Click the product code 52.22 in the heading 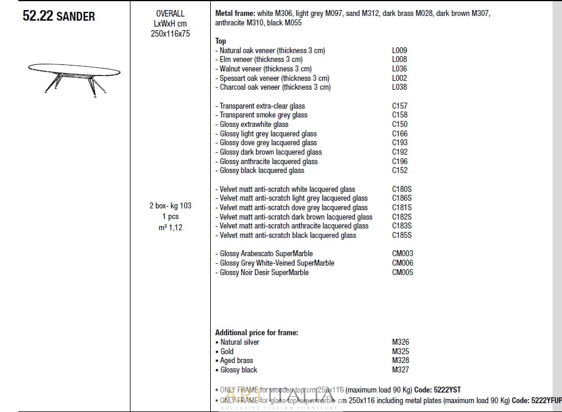[x=38, y=17]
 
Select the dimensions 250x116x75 [x=170, y=34]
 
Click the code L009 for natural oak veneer [x=399, y=51]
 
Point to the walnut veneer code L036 [x=399, y=69]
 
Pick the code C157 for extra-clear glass [x=400, y=106]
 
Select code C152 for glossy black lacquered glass [x=400, y=171]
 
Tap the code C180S [x=401, y=189]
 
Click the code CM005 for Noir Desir [x=403, y=273]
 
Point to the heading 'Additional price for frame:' [x=256, y=333]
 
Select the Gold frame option [x=227, y=352]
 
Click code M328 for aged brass [x=400, y=361]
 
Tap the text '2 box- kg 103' [x=170, y=206]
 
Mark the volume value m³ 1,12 [x=170, y=227]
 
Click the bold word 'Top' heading [x=221, y=41]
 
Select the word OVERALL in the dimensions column [x=170, y=14]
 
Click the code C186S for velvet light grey [x=401, y=198]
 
